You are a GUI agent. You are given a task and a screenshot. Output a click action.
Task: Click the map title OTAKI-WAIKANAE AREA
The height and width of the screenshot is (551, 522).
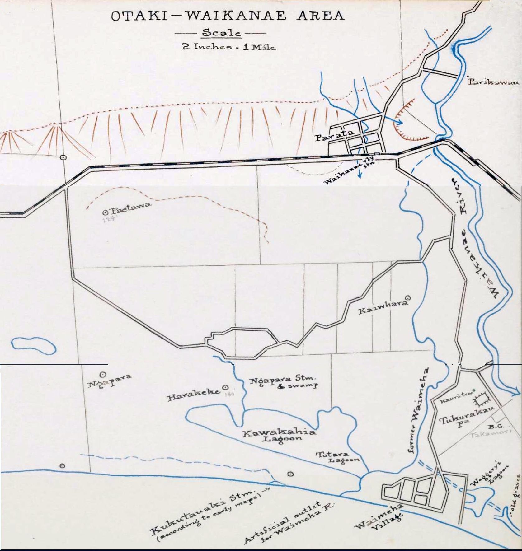click(228, 16)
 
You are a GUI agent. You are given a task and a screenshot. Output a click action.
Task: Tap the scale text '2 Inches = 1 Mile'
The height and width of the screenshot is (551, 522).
click(229, 47)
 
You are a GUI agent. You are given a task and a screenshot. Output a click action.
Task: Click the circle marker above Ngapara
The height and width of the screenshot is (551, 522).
click(103, 375)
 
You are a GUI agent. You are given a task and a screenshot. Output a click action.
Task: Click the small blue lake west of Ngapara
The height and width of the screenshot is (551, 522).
click(34, 346)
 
